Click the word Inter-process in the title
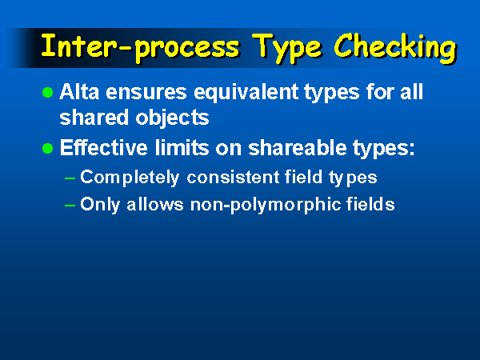140,47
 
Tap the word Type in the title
287,47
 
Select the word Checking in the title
395,47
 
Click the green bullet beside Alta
47,92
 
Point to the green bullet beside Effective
47,149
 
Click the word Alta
79,91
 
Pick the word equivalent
246,93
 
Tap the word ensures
146,93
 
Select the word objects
172,118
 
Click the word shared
94,118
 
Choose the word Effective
104,147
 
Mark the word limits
182,147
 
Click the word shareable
298,147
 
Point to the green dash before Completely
70,178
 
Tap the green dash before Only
70,206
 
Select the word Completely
130,178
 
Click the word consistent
233,178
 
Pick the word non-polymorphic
266,205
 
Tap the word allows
155,204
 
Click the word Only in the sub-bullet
100,205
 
